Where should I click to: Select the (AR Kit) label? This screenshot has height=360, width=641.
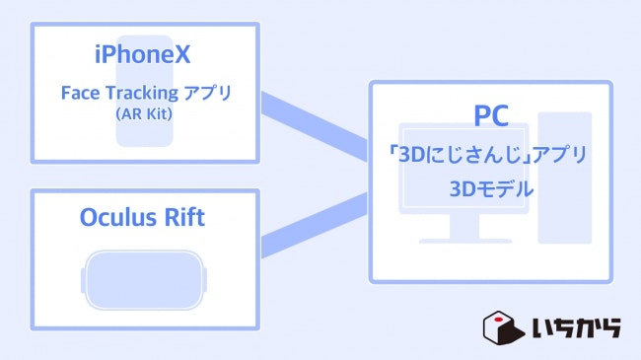coord(145,114)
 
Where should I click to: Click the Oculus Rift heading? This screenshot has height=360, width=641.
coord(145,218)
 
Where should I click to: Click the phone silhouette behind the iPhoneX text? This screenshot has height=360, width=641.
coord(145,133)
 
